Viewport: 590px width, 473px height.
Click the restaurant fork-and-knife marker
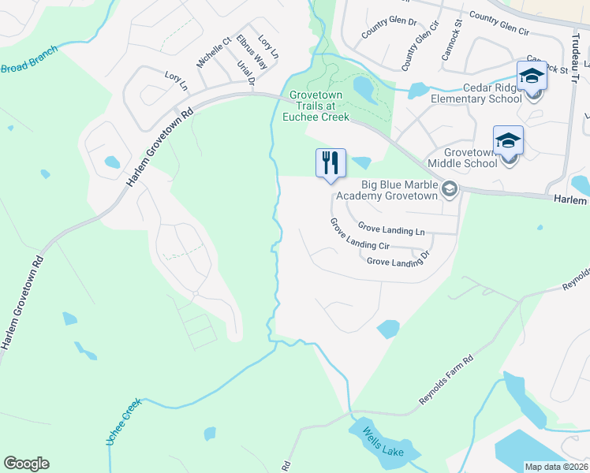point(331,163)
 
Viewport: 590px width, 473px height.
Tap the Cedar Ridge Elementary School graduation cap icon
point(532,76)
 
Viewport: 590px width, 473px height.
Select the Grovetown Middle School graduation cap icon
point(508,141)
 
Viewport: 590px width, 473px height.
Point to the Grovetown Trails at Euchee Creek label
point(319,105)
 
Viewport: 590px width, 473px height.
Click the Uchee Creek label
point(122,422)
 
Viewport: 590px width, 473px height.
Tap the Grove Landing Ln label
point(391,229)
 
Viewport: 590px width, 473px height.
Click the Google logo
point(26,464)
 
